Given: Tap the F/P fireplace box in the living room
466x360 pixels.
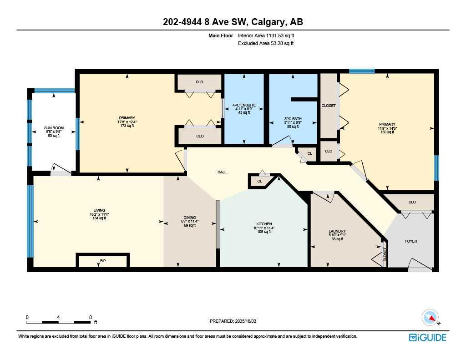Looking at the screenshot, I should pyautogui.click(x=103, y=261).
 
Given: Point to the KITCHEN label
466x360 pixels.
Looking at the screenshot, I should pyautogui.click(x=264, y=224).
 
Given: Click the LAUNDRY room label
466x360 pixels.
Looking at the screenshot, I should pyautogui.click(x=337, y=231).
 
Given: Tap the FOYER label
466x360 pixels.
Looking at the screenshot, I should pyautogui.click(x=410, y=241).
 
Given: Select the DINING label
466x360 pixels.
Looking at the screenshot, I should pyautogui.click(x=190, y=218).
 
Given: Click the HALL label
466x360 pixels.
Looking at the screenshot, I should pyautogui.click(x=222, y=172).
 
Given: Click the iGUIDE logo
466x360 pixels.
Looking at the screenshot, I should pyautogui.click(x=427, y=337).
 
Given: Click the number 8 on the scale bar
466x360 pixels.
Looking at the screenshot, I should pyautogui.click(x=91, y=317).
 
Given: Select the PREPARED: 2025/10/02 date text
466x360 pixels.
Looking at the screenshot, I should pyautogui.click(x=233, y=321).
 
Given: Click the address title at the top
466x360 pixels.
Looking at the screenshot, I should pyautogui.click(x=233, y=22).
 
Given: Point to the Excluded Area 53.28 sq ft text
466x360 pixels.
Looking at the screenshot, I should pyautogui.click(x=266, y=43).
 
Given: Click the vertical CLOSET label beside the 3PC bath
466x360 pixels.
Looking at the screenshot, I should pyautogui.click(x=328, y=106).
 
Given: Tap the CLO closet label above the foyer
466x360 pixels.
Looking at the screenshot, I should pyautogui.click(x=412, y=202).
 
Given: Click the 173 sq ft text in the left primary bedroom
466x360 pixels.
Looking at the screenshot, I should pyautogui.click(x=127, y=126).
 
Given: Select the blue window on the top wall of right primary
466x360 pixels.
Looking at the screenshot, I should pyautogui.click(x=362, y=71).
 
